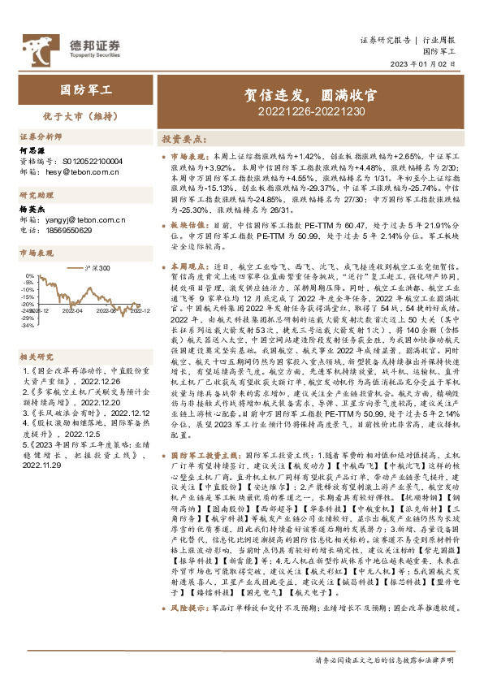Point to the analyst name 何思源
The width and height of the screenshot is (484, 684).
(30, 150)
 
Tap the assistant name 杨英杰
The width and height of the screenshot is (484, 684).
(30, 210)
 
